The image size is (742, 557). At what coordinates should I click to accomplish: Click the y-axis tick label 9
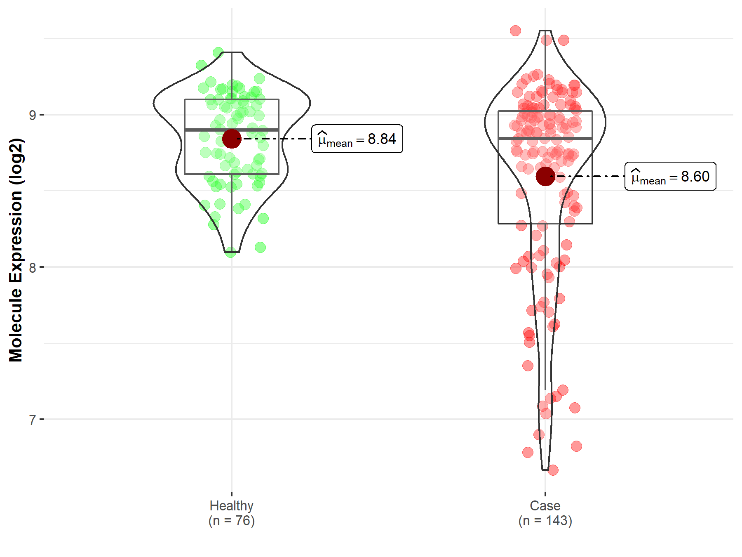(32, 115)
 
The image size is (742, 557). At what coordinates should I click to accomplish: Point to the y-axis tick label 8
(32, 268)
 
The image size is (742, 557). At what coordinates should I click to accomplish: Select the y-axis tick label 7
(32, 420)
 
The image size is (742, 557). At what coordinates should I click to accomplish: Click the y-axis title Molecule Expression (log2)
(16, 250)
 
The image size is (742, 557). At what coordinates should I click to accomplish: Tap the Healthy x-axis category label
(231, 506)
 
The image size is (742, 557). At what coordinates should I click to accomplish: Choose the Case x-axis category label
(545, 506)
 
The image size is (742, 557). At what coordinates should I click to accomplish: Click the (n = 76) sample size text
(231, 521)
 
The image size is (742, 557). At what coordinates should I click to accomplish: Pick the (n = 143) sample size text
(545, 521)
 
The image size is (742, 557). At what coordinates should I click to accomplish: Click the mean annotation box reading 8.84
(357, 139)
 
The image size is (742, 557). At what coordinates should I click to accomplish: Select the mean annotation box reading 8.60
(670, 176)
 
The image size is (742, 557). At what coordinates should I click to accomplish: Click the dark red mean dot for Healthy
(231, 139)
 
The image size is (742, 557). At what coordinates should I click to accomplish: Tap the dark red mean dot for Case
(545, 176)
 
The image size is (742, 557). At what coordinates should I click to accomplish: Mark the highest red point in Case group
(515, 31)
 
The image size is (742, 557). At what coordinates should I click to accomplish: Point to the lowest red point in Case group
(553, 470)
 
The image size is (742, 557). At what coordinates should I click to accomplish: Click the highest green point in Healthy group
(218, 52)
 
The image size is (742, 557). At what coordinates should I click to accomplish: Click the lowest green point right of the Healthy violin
(260, 248)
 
